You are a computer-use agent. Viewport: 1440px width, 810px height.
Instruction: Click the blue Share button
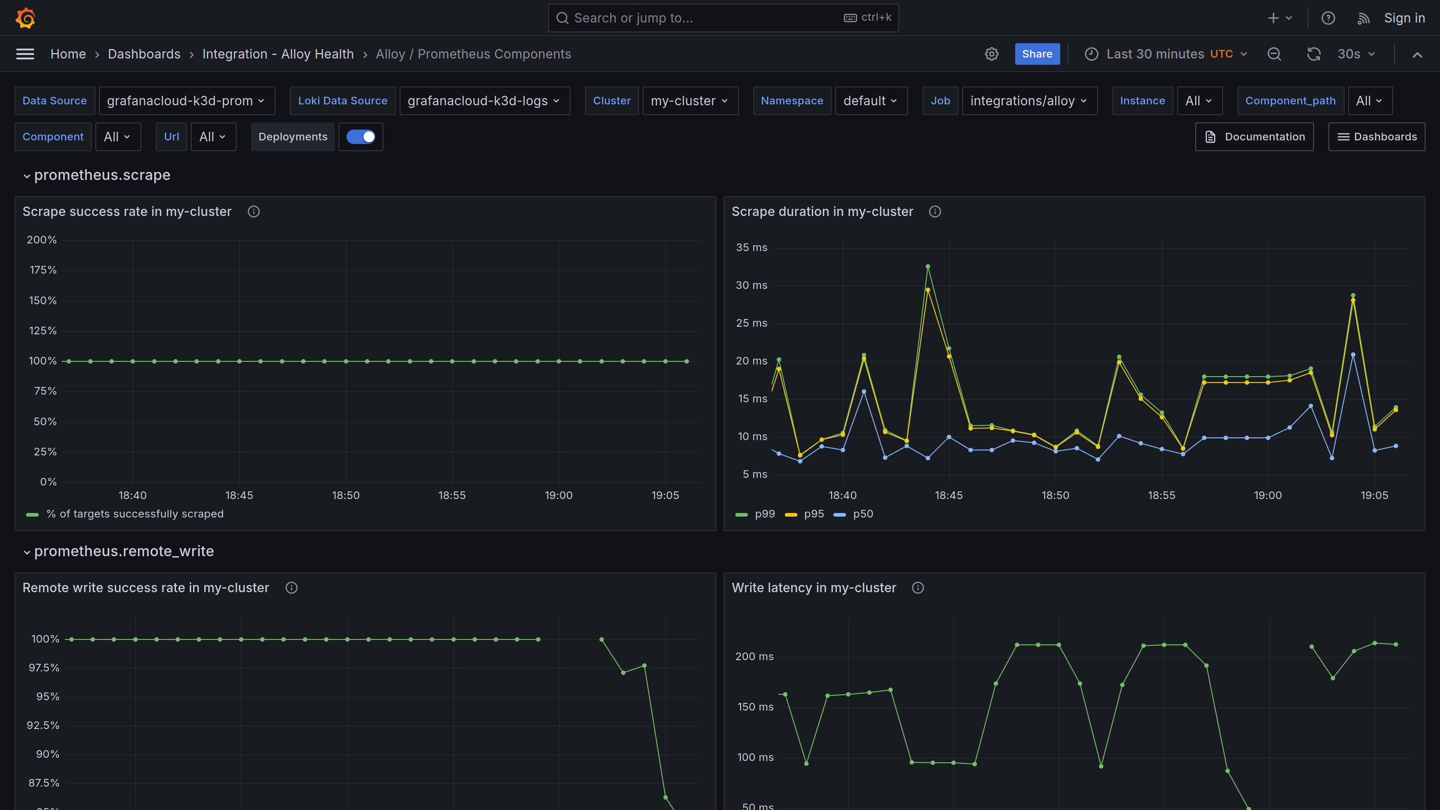1036,54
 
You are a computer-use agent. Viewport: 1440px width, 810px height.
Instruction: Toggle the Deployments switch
360,137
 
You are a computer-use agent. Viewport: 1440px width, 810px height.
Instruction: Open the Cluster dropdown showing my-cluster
690,101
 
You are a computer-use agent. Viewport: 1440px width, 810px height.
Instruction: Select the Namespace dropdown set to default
870,101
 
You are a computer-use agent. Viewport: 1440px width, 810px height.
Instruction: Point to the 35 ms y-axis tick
751,247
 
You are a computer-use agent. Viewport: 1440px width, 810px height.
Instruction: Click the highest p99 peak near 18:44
928,267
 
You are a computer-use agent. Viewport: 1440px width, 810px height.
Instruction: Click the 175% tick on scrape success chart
43,270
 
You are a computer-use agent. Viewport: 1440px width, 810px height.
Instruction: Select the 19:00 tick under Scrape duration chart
1267,495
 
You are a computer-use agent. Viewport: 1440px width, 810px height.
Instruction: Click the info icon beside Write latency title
918,588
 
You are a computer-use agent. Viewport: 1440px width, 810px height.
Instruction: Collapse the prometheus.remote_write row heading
124,551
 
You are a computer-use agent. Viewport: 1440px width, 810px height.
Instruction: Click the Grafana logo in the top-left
25,18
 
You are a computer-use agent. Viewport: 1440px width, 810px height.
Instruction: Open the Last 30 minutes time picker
1165,54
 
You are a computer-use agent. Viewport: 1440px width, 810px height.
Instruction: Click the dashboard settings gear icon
991,54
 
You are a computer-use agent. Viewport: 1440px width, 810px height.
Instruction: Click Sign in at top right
1404,18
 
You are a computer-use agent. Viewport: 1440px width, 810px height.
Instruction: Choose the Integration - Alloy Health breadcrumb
278,54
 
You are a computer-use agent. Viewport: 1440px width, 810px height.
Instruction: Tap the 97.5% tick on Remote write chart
44,668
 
